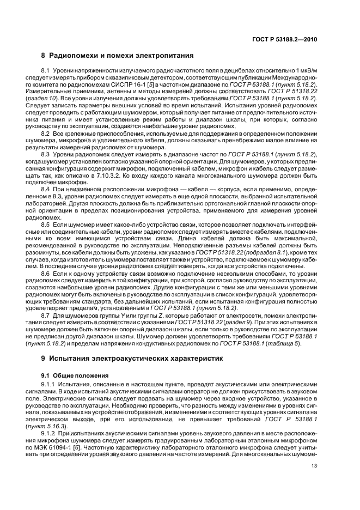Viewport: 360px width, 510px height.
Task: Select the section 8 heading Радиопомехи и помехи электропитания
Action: tap(118, 56)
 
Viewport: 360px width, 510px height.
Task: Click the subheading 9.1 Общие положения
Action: tap(76, 375)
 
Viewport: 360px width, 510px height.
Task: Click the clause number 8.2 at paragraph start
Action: tap(46, 133)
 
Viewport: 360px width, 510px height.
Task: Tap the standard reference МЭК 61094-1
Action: tap(68, 447)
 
